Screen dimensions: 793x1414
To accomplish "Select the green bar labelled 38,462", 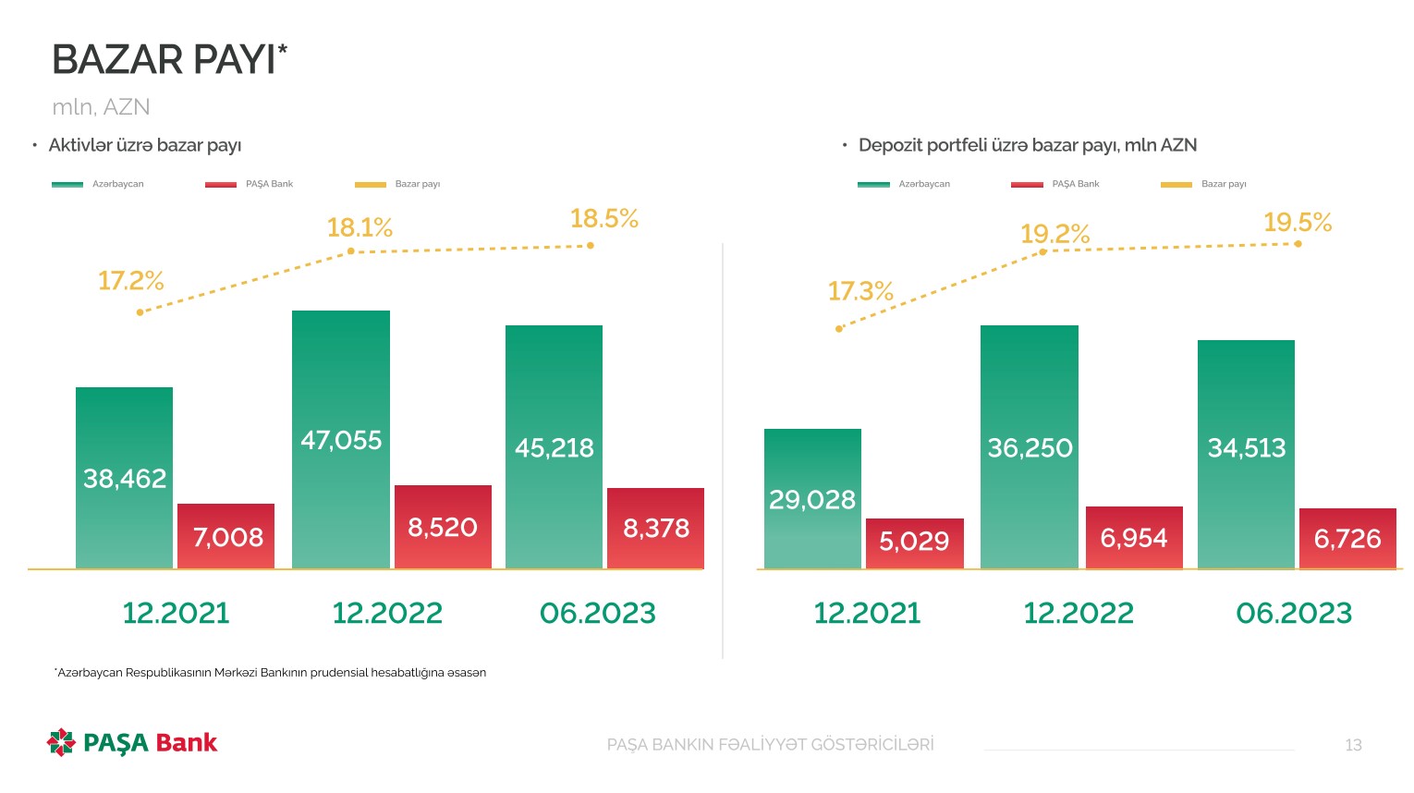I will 124,477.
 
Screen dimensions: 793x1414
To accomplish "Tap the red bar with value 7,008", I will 226,536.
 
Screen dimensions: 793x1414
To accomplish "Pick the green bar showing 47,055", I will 341,439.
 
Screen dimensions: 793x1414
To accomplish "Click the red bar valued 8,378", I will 655,528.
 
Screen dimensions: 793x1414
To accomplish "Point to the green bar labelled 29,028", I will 812,499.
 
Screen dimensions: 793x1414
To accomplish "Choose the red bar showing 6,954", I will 1134,537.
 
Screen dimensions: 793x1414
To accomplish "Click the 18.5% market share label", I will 604,219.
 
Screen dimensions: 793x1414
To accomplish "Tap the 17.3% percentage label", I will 860,292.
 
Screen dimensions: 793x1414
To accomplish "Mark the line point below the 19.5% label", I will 1298,244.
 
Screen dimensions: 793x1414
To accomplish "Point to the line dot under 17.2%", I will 140,312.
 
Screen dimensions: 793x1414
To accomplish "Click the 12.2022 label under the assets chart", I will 387,613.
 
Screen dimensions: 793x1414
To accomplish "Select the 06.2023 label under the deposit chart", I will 1294,613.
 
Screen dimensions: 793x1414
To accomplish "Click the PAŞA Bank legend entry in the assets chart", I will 269,184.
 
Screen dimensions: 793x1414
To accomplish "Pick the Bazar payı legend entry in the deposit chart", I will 1224,184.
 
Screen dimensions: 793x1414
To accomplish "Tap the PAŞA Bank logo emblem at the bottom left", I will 61,742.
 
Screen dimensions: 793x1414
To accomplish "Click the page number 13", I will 1353,745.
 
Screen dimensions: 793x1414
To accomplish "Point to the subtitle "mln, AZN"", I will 101,107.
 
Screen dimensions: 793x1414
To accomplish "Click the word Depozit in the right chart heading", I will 889,145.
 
